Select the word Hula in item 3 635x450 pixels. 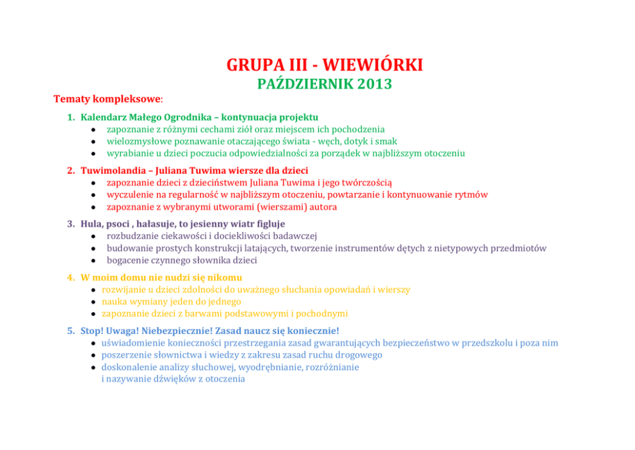[x=92, y=224]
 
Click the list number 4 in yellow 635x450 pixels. [x=70, y=278]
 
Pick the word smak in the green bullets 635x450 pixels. [x=386, y=141]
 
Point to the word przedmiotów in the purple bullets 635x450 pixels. [x=519, y=248]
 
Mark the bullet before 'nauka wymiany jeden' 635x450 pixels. [x=93, y=302]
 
